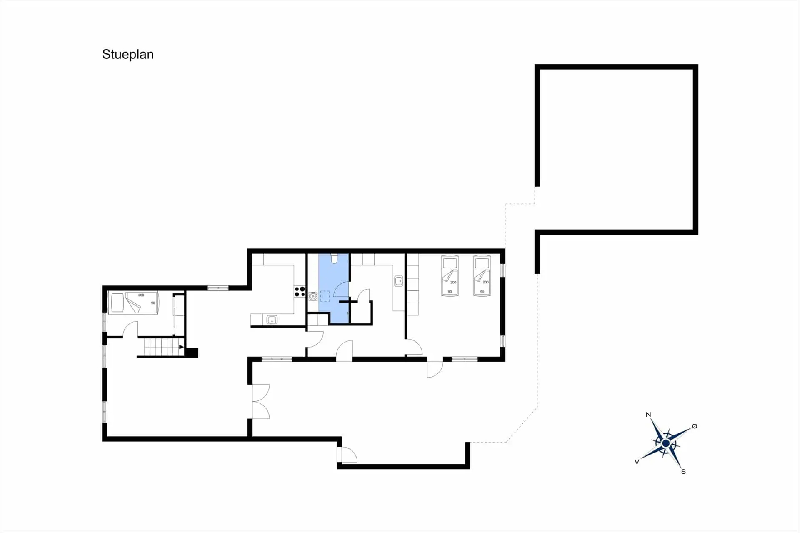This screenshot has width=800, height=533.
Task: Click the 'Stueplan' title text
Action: click(x=128, y=55)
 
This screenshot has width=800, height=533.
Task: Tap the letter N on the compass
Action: click(x=648, y=414)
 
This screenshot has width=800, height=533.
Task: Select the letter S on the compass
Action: click(x=683, y=471)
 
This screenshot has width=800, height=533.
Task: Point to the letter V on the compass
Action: click(x=637, y=461)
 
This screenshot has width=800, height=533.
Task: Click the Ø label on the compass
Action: click(x=695, y=426)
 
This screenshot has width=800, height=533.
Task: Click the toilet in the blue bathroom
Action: click(x=334, y=258)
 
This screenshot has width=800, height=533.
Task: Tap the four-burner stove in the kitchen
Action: click(x=300, y=291)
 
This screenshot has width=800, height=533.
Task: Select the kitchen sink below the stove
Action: click(x=272, y=320)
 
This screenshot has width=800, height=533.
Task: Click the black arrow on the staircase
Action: click(x=181, y=347)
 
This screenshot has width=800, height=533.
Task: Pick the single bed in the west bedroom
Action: click(x=133, y=303)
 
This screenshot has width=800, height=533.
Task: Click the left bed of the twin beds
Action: click(x=450, y=275)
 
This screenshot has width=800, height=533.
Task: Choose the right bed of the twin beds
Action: click(x=482, y=275)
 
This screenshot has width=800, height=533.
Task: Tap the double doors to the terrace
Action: click(x=261, y=402)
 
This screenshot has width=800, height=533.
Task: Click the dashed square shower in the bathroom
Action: click(x=325, y=296)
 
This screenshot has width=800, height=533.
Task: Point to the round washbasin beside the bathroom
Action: click(x=313, y=296)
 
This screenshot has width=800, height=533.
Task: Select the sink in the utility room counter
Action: click(x=399, y=281)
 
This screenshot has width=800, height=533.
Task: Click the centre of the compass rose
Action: click(x=665, y=443)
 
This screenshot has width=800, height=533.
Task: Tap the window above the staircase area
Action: click(x=218, y=288)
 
